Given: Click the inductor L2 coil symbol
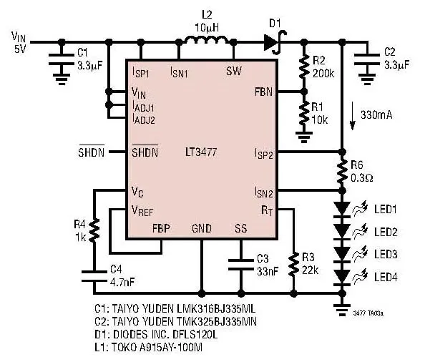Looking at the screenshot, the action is [x=207, y=39].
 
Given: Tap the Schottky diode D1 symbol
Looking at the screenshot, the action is [x=274, y=42].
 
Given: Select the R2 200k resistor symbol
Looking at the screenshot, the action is [x=304, y=67].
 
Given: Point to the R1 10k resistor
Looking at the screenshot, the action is [x=304, y=113].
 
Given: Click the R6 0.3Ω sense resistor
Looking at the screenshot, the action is [x=342, y=171].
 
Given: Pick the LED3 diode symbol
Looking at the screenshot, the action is [x=342, y=255].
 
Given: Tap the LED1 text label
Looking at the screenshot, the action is [x=386, y=209].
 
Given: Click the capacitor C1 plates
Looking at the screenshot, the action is [x=62, y=59].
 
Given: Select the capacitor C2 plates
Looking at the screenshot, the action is [x=367, y=59].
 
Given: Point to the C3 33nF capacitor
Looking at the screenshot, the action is [x=241, y=265].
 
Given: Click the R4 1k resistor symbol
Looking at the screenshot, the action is [x=94, y=230].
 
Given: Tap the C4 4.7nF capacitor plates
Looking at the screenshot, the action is [x=94, y=276].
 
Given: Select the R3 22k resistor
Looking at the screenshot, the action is [x=293, y=265].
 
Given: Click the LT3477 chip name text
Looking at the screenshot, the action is [x=201, y=152].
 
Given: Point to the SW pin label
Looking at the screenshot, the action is [x=234, y=71].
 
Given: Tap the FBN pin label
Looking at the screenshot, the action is [x=263, y=92].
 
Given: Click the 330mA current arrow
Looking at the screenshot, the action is [x=352, y=116].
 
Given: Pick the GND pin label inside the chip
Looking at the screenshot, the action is [x=201, y=228].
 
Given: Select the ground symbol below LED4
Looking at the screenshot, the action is [x=342, y=310].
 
